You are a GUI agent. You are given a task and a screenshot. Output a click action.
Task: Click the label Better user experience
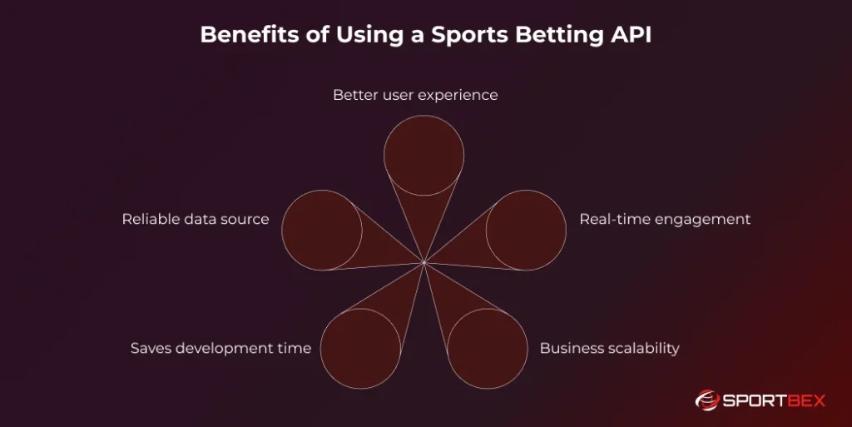(415, 95)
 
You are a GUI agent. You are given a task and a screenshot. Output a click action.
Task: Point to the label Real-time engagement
(665, 219)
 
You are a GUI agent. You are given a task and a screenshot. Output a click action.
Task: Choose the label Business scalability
(609, 348)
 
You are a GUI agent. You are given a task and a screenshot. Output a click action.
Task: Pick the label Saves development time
(220, 348)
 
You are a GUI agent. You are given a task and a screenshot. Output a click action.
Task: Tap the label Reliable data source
(196, 219)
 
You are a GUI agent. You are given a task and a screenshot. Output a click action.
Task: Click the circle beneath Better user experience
(424, 156)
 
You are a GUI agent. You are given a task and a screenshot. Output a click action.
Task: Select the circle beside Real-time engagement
(526, 230)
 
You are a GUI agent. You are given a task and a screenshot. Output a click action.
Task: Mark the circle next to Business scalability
(488, 348)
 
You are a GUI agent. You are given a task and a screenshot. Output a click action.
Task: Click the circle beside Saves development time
(360, 348)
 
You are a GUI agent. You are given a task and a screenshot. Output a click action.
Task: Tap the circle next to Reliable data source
(322, 230)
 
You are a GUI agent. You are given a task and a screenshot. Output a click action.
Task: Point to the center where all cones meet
(424, 263)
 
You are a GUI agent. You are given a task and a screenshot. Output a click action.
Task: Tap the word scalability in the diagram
(641, 348)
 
